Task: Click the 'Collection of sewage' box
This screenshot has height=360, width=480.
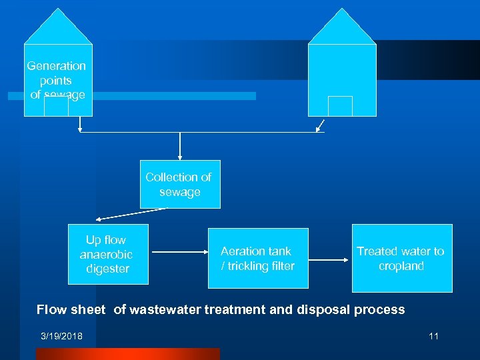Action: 179,185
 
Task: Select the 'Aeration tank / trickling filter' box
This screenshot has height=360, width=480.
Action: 258,259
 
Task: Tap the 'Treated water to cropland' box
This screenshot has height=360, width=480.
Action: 401,259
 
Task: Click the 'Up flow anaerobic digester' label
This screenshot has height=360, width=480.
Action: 106,254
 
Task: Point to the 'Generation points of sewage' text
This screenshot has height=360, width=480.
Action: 57,80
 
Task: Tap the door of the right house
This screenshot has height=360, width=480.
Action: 340,106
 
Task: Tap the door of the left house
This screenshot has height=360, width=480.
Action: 56,107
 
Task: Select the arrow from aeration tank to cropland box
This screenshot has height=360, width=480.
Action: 330,258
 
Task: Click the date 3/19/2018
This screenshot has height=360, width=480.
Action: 61,336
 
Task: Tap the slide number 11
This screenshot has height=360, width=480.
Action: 433,336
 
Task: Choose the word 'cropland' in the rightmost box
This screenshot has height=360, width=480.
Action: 401,266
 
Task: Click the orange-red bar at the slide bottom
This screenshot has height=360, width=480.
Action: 127,353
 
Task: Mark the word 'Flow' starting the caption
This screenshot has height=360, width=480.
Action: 51,309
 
